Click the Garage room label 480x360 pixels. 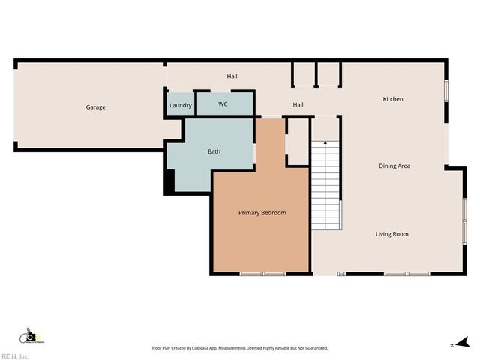[x=95, y=107]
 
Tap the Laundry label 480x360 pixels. [x=181, y=105]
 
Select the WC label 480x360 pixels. [x=223, y=104]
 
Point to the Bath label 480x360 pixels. [x=214, y=152]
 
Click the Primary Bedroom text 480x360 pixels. [x=262, y=213]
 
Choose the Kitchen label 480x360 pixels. [x=393, y=99]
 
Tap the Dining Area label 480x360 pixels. [x=394, y=166]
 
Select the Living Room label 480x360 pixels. [x=391, y=234]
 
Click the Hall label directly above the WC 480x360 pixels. [x=232, y=76]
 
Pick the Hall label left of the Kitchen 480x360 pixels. [x=298, y=105]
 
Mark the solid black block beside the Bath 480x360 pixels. [x=169, y=181]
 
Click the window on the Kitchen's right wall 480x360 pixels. [x=445, y=89]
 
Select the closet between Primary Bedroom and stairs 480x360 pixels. [x=298, y=142]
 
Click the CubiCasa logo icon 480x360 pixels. [x=29, y=336]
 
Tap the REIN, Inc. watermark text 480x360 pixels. [x=15, y=355]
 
